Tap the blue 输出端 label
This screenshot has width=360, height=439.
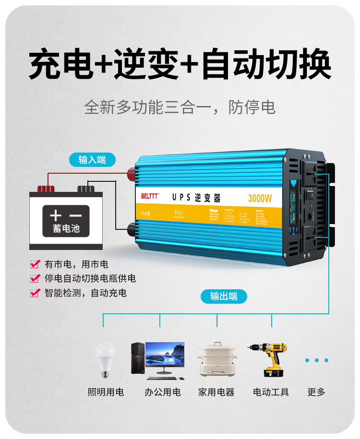(224, 297)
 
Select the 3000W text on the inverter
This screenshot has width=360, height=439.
(260, 198)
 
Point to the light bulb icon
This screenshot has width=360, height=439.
(105, 358)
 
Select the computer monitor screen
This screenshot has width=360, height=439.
(165, 354)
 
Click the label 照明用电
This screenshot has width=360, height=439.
(106, 392)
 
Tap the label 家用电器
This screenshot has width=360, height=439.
(216, 392)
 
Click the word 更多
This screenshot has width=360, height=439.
(316, 392)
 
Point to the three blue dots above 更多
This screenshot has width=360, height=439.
(316, 360)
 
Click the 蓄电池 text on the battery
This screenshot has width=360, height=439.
(66, 228)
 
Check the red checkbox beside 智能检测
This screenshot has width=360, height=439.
(35, 293)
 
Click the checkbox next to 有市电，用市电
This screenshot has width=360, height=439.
(35, 264)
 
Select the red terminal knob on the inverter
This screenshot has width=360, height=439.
(130, 171)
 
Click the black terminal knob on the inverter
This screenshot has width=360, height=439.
(130, 227)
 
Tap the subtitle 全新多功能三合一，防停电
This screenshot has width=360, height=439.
(180, 107)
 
